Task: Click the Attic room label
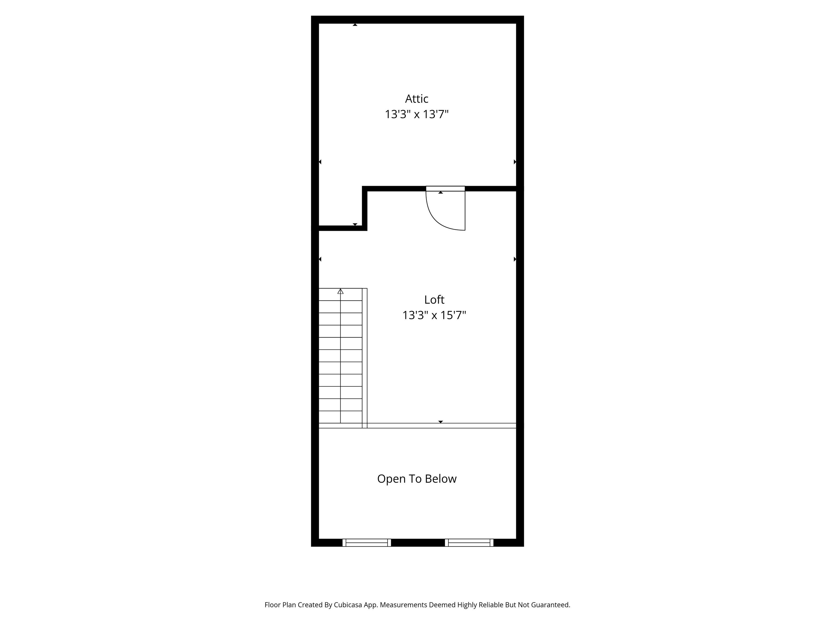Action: tap(417, 99)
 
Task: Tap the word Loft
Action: tap(434, 300)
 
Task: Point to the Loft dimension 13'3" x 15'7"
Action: tap(434, 315)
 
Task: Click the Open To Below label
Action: tap(417, 479)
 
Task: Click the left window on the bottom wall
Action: tap(367, 543)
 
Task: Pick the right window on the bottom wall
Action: tap(469, 543)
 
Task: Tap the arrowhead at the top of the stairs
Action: tap(341, 291)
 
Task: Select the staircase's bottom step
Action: tap(341, 417)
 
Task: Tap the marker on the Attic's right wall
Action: tap(515, 162)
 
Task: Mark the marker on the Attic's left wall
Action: tap(320, 162)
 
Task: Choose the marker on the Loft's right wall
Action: tap(515, 259)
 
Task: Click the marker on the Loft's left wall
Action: tap(320, 259)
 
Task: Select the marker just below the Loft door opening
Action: tap(441, 192)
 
